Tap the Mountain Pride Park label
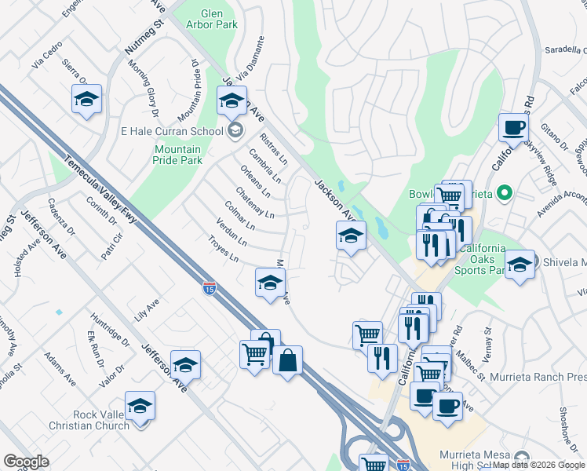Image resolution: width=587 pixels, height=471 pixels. pos(178,155)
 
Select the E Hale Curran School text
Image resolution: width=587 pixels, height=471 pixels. pos(172,131)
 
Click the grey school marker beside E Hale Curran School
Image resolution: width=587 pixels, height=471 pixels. pos(235,130)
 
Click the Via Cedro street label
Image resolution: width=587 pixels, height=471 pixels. pos(46,56)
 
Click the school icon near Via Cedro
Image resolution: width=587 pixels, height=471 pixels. pos(87,100)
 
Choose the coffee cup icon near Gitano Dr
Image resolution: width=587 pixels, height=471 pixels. pos(514,128)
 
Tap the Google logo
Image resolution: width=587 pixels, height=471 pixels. pos(26,462)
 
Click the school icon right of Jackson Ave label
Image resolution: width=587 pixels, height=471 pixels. pos(351,235)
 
